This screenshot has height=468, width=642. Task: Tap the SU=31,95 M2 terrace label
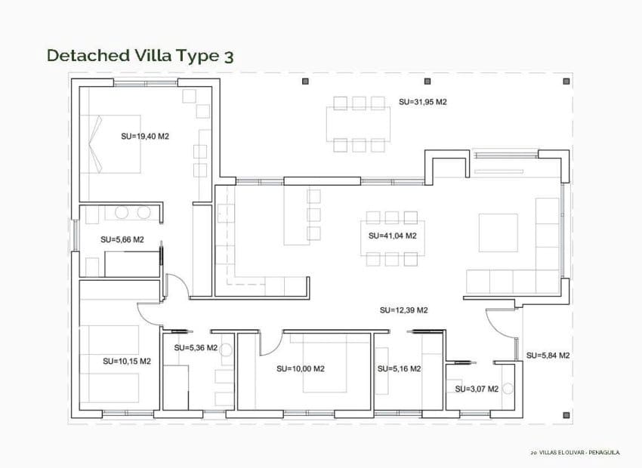pyautogui.click(x=423, y=102)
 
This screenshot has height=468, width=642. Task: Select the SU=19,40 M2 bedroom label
pyautogui.click(x=144, y=137)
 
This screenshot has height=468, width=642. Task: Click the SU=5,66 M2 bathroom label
pyautogui.click(x=122, y=239)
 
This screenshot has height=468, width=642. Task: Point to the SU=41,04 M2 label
pyautogui.click(x=393, y=236)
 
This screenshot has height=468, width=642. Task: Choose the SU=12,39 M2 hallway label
pyautogui.click(x=403, y=310)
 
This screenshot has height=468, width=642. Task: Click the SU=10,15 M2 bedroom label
pyautogui.click(x=127, y=361)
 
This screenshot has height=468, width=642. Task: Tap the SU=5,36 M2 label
pyautogui.click(x=196, y=348)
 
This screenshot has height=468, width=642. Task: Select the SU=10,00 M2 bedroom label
pyautogui.click(x=300, y=369)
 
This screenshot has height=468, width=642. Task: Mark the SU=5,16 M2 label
pyautogui.click(x=399, y=369)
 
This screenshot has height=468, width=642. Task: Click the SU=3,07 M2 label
pyautogui.click(x=477, y=389)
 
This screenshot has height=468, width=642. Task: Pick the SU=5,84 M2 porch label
pyautogui.click(x=548, y=355)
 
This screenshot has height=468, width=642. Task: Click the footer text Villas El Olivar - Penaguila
pyautogui.click(x=575, y=452)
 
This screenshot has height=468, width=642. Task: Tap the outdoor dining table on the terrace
pyautogui.click(x=358, y=125)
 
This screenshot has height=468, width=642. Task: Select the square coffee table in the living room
pyautogui.click(x=498, y=232)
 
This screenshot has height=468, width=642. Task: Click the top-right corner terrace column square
pyautogui.click(x=566, y=81)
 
